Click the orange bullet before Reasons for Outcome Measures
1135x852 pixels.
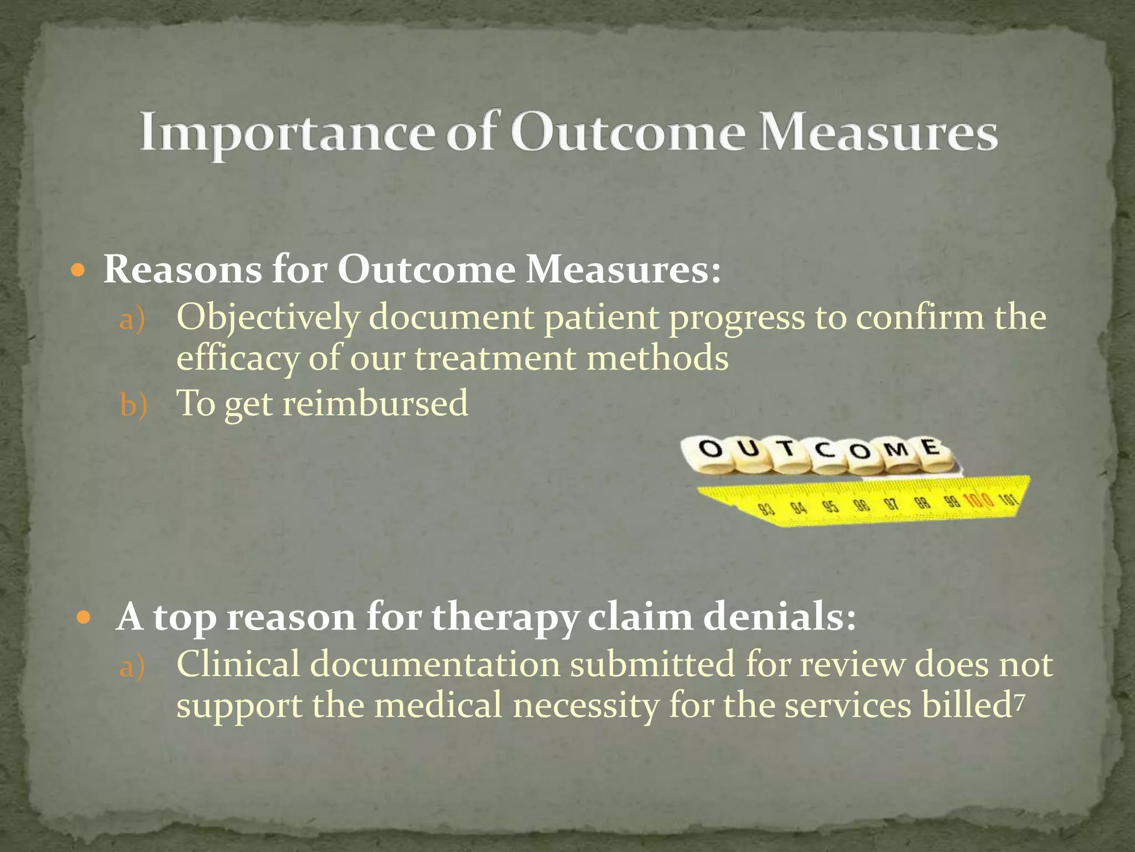(x=79, y=271)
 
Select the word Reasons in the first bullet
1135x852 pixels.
(x=182, y=270)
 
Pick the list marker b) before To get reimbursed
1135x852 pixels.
(x=133, y=405)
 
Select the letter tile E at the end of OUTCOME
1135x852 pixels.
(x=931, y=447)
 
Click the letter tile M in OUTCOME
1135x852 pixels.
(x=896, y=449)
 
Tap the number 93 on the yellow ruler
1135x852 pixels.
(x=766, y=509)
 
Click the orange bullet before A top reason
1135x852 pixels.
(x=84, y=617)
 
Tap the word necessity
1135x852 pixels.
(x=585, y=706)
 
